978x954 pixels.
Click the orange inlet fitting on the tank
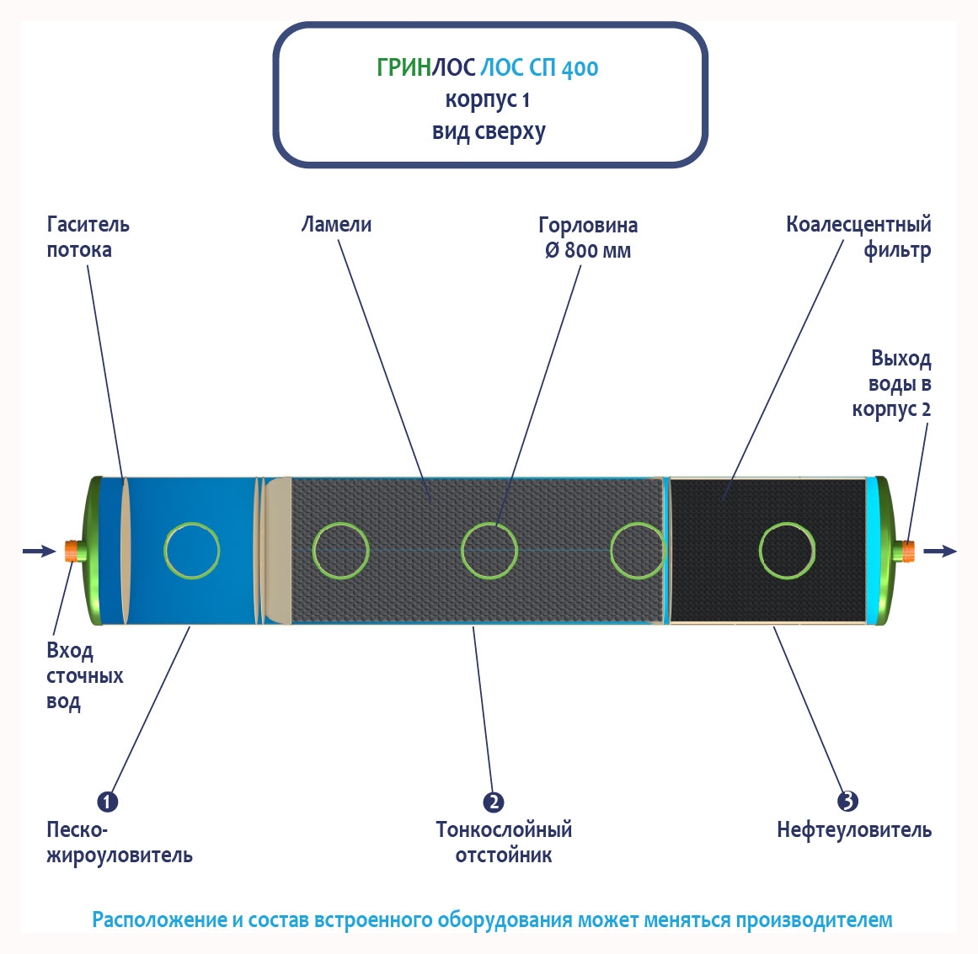tap(73, 551)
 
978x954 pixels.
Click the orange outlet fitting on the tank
tap(909, 551)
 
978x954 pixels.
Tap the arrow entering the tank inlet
tap(38, 551)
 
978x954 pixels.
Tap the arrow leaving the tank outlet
tap(940, 551)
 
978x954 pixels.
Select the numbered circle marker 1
tap(107, 801)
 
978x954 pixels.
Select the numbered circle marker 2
tap(494, 802)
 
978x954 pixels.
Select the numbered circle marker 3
tap(847, 801)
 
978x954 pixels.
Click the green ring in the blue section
tap(192, 551)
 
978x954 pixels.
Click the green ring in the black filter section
tap(787, 551)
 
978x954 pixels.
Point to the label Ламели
tap(336, 225)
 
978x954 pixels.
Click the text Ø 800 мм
tap(588, 251)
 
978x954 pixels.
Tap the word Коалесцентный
tap(858, 225)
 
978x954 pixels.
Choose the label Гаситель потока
tap(88, 237)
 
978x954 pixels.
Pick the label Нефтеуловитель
tap(853, 830)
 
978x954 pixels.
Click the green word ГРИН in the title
tap(403, 67)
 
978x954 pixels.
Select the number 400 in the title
tap(580, 68)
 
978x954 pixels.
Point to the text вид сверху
tap(489, 132)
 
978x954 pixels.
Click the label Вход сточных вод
tap(84, 676)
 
